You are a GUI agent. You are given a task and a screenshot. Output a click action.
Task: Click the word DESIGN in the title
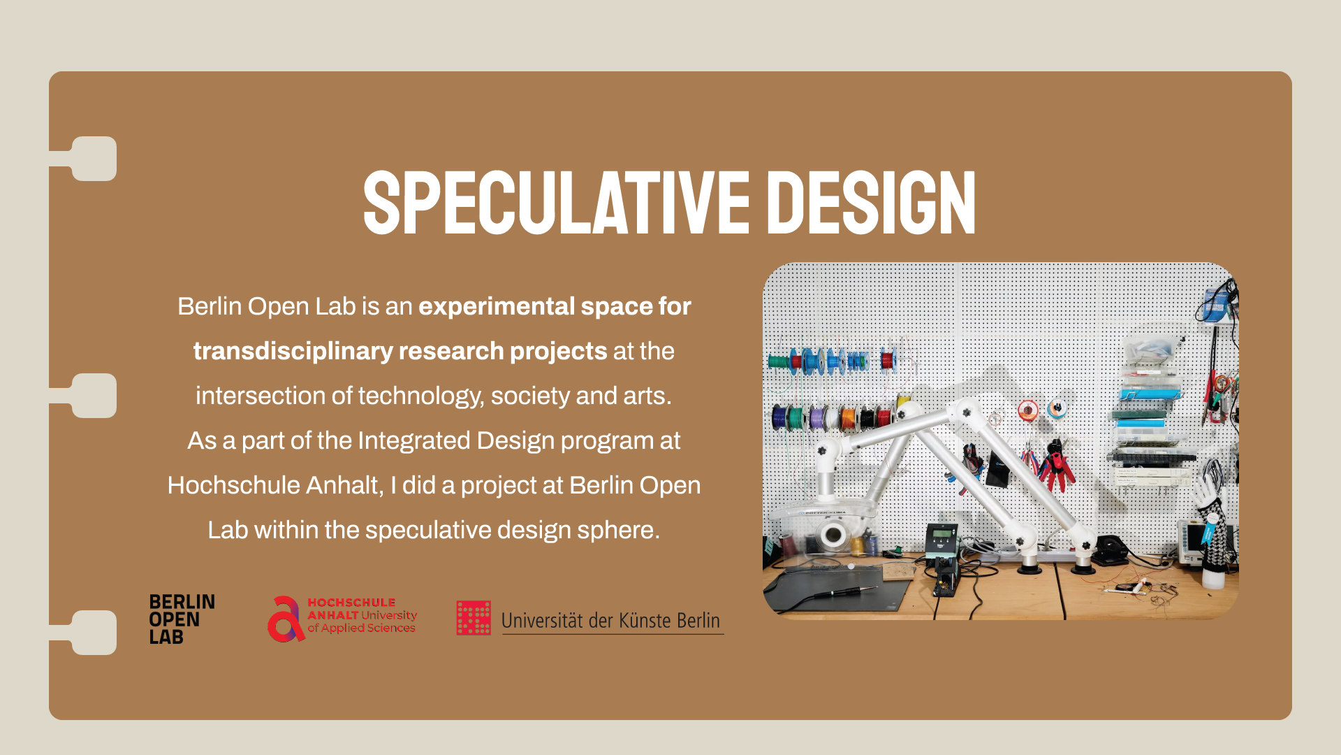click(x=871, y=203)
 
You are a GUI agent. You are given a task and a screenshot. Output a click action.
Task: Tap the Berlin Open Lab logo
click(x=182, y=619)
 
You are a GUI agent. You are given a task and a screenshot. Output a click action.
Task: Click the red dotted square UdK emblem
click(x=474, y=618)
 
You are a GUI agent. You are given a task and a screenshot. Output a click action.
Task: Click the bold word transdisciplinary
click(x=293, y=351)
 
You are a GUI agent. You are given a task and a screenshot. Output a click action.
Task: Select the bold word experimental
click(x=497, y=306)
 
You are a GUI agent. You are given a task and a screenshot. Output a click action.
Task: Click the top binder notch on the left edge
click(x=93, y=159)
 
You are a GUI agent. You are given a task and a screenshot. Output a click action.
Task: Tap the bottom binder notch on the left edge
click(x=93, y=633)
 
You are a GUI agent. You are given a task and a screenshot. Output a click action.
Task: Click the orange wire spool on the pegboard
click(x=847, y=418)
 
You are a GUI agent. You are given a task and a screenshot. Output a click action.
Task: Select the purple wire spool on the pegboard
click(x=816, y=418)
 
